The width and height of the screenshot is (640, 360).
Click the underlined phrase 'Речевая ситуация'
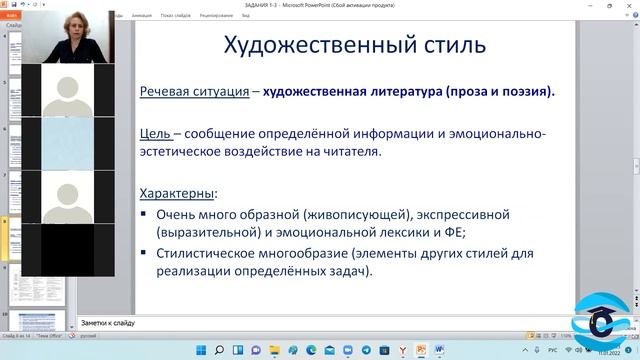coord(194,92)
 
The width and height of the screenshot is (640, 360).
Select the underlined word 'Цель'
coord(155,134)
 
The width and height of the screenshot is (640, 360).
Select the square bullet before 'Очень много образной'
coord(145,215)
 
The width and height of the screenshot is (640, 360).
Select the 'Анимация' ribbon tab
coord(140,16)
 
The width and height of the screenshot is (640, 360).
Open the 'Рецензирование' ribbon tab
coord(216,16)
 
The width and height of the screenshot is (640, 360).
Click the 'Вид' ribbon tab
coord(245,16)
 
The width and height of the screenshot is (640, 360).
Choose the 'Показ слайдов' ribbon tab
coord(177,16)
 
